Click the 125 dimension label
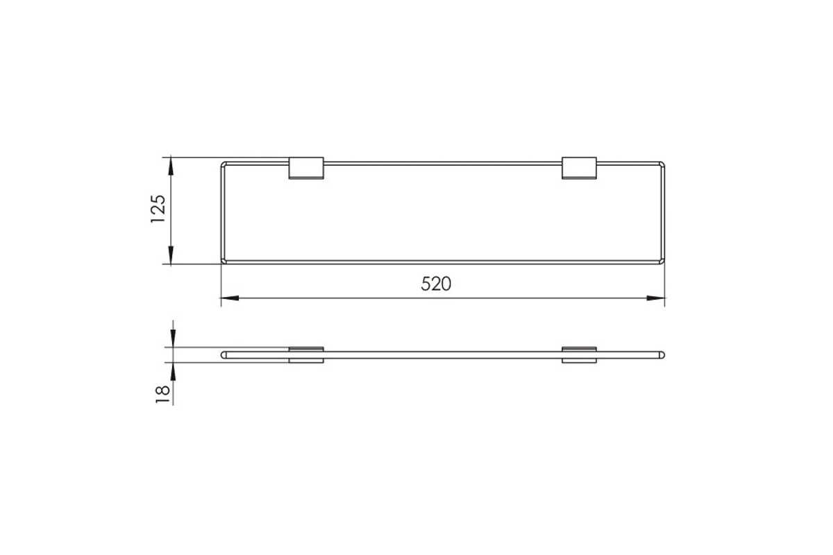point(158,209)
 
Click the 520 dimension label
point(436,284)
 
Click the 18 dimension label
point(162,395)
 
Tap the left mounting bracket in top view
point(306,168)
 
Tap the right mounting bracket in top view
point(579,168)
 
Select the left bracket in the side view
point(306,355)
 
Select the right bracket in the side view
point(579,355)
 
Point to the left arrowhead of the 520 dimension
point(230,298)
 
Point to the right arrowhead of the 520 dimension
point(655,298)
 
